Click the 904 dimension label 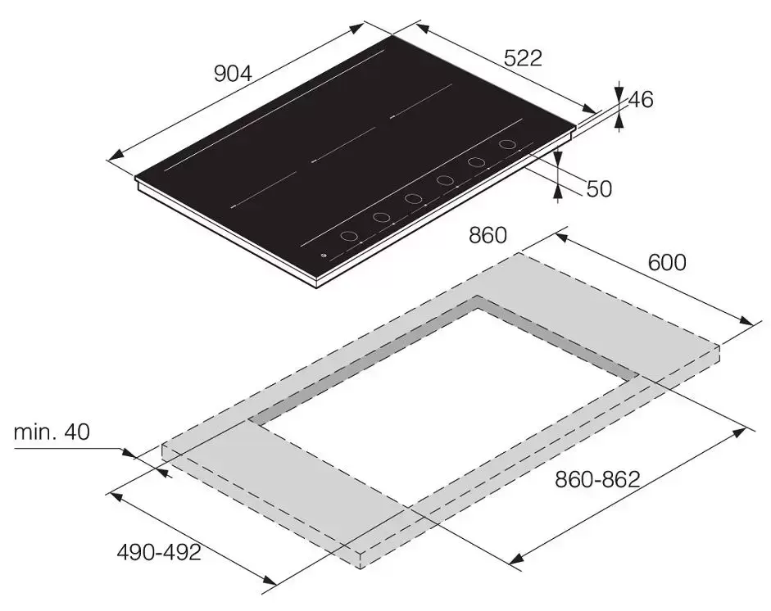233,74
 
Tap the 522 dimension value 524,58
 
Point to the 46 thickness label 641,100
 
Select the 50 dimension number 600,188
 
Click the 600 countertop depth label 667,262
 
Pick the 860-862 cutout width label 597,479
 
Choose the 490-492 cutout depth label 159,553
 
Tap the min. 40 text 52,432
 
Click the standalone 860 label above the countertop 488,235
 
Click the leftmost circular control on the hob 350,237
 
